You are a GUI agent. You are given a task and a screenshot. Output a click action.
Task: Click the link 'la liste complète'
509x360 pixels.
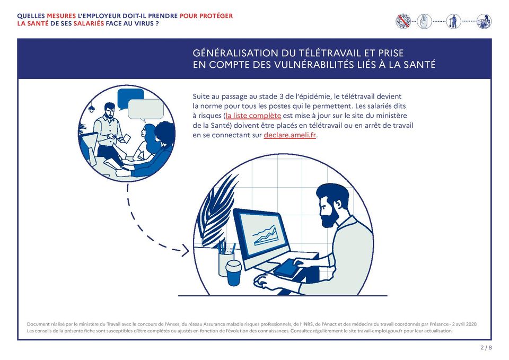(253, 116)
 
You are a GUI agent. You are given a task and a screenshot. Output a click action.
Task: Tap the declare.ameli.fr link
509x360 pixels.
(289, 135)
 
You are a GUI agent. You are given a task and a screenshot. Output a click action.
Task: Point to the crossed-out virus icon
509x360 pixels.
(403, 21)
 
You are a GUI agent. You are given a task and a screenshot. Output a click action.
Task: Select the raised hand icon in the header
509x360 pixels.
(424, 21)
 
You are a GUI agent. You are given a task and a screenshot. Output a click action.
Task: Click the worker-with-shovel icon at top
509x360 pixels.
(453, 21)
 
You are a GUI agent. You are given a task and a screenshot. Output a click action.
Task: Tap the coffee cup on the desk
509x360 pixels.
(233, 272)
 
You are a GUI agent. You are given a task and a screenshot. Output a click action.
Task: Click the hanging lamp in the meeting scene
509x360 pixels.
(92, 109)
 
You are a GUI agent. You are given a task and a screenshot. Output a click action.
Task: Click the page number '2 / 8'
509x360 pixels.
(486, 348)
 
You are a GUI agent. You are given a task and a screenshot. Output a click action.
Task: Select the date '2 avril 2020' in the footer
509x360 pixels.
(467, 323)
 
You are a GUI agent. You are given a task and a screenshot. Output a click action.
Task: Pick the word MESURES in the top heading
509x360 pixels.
(61, 16)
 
